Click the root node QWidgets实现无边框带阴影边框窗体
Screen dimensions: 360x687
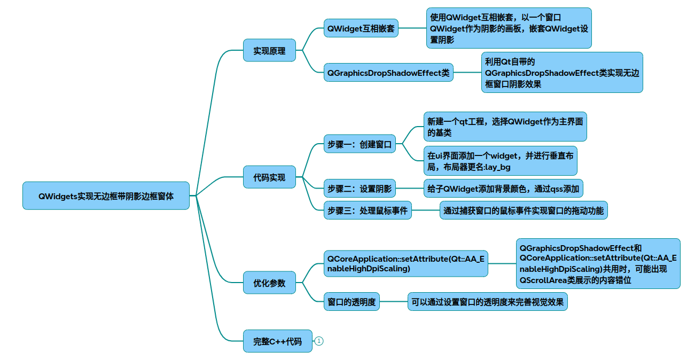pyautogui.click(x=106, y=195)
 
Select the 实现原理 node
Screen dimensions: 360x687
pyautogui.click(x=269, y=51)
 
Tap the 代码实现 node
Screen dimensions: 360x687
pyautogui.click(x=269, y=177)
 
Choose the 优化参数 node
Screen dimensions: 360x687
pyautogui.click(x=269, y=283)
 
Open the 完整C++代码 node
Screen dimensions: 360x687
pyautogui.click(x=277, y=341)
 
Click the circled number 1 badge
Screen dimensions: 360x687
pyautogui.click(x=319, y=341)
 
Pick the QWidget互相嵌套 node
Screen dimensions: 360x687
pyautogui.click(x=361, y=28)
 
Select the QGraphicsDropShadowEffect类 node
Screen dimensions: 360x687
pyautogui.click(x=388, y=72)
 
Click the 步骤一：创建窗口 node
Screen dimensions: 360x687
pyautogui.click(x=360, y=144)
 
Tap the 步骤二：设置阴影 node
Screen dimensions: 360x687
pyautogui.click(x=360, y=188)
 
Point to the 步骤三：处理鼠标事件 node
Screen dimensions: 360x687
pyautogui.click(x=368, y=210)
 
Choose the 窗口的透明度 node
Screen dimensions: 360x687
pyautogui.click(x=352, y=302)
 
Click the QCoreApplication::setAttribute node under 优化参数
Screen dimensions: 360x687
pyautogui.click(x=405, y=263)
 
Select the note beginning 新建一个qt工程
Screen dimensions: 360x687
pyautogui.click(x=505, y=127)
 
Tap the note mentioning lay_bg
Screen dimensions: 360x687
pyautogui.click(x=500, y=161)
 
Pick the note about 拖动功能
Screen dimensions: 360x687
pyautogui.click(x=523, y=210)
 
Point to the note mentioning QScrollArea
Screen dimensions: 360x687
pyautogui.click(x=598, y=263)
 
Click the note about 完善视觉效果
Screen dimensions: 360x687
pyautogui.click(x=487, y=302)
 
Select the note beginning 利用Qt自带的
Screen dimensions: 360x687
pyautogui.click(x=561, y=72)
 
